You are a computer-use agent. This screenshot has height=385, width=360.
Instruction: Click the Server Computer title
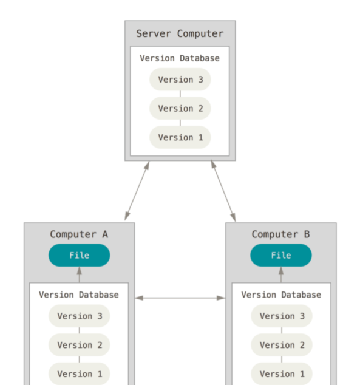coord(180,33)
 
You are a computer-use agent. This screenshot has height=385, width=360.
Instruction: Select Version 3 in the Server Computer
coord(180,80)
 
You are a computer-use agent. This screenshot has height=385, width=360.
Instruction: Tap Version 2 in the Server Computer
coord(180,108)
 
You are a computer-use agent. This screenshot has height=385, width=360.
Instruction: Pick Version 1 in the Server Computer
coord(180,137)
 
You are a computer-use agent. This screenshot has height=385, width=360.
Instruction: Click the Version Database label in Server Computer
coord(180,58)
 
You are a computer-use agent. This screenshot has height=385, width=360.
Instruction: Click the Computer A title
coord(79,234)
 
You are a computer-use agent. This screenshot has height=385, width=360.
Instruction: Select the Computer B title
coord(280,234)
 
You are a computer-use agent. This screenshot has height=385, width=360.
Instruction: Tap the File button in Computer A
coord(80,255)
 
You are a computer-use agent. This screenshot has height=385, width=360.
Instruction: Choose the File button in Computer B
coord(281,255)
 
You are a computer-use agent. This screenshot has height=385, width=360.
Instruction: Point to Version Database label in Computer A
coord(79,295)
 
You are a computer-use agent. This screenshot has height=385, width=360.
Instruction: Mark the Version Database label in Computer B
coord(281,295)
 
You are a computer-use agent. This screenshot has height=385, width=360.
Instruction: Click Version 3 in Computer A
coord(80,316)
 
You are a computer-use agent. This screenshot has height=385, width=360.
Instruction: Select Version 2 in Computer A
coord(80,345)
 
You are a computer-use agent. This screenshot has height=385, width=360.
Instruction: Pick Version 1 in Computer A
coord(80,373)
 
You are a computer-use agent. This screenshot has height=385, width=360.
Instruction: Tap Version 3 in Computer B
coord(282,316)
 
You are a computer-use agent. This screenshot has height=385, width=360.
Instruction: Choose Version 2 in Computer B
coord(282,345)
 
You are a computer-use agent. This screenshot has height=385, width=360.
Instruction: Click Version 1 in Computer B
coord(282,373)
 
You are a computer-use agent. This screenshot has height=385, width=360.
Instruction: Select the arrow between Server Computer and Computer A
coord(137,191)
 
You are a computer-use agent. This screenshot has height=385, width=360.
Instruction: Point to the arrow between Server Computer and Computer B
coord(223,191)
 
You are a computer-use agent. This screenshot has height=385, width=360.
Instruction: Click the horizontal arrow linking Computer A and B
coord(180,298)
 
